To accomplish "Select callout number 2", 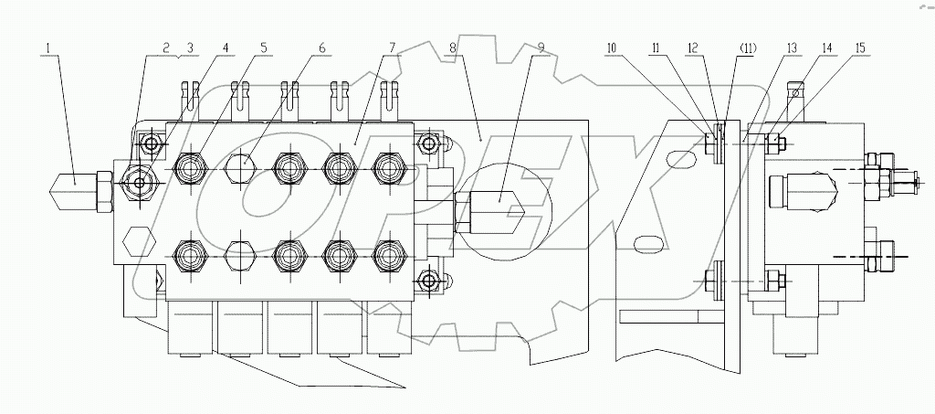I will point(166,47).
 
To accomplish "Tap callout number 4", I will point(226,47).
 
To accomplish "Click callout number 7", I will point(391,47).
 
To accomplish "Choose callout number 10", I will point(611,47).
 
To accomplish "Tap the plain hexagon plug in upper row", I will point(239,167).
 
